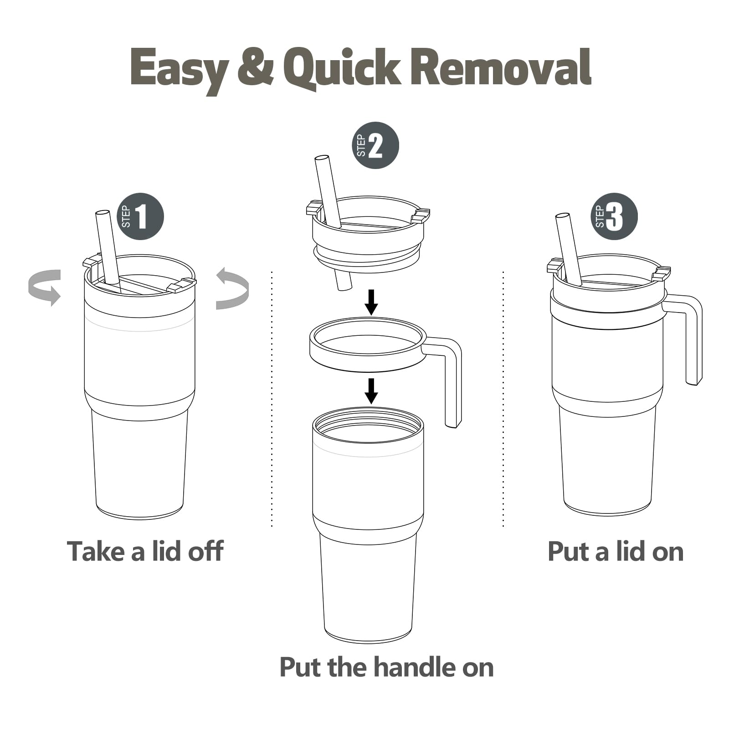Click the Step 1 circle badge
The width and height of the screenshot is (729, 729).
[x=140, y=216]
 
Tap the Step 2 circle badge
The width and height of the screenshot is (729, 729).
[x=375, y=146]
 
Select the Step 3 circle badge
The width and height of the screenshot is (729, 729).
[x=614, y=216]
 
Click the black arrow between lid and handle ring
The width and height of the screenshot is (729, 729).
[x=371, y=302]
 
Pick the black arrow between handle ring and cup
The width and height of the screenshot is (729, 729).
[x=371, y=390]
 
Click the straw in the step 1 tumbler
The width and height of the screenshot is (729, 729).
[x=108, y=248]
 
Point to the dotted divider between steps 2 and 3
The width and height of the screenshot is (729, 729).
[x=503, y=399]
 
